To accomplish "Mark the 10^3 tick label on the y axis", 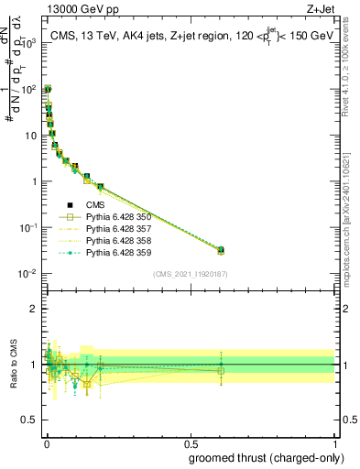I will tap(29, 43).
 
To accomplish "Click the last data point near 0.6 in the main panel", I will tap(221, 250).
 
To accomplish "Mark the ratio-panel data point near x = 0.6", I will tap(221, 370).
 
